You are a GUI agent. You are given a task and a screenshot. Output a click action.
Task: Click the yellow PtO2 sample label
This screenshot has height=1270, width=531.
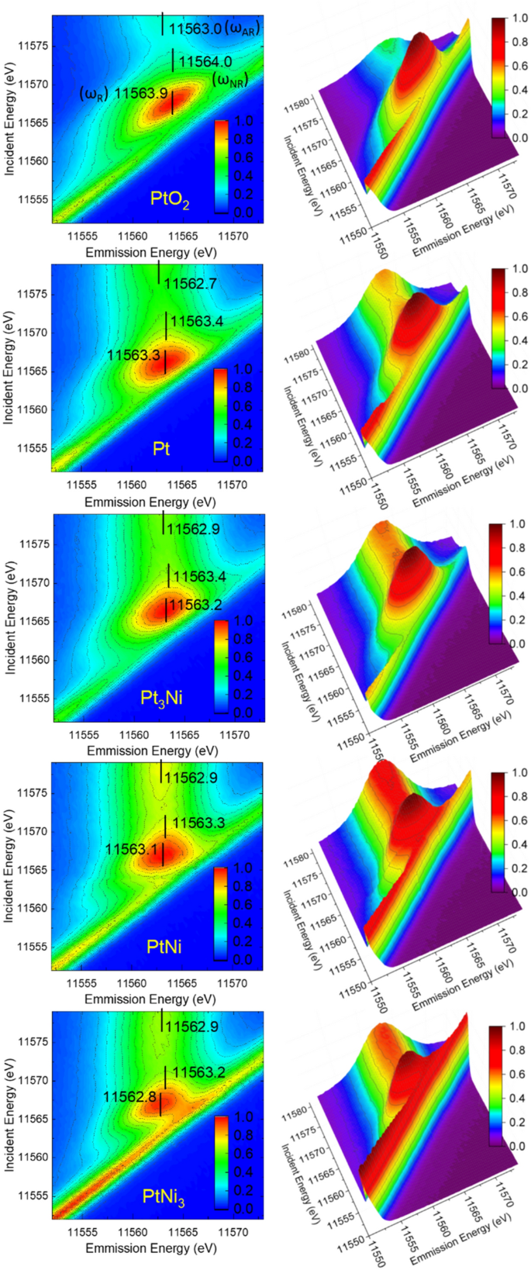point(170,199)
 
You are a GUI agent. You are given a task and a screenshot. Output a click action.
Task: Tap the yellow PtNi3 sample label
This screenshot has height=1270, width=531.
point(164,1196)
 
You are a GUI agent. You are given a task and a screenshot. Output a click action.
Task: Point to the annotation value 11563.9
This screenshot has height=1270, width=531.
point(141,94)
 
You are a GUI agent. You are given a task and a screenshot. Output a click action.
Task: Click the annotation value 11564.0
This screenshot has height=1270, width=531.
point(205,62)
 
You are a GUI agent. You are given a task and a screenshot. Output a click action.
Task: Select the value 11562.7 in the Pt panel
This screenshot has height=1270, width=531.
point(191,284)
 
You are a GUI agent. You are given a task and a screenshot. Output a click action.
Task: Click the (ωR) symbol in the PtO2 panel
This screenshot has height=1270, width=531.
point(92,94)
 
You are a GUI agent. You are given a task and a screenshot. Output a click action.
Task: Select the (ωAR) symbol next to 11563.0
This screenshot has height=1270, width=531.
point(242,29)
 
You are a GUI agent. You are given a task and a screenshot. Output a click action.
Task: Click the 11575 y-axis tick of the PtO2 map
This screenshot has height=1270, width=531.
point(33,47)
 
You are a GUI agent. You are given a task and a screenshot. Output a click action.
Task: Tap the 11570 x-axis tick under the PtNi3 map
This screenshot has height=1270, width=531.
point(232,1231)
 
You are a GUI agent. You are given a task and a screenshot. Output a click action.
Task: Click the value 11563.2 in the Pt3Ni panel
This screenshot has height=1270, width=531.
point(195,605)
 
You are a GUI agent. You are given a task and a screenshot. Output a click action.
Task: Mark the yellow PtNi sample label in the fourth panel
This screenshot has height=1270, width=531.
point(164,946)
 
